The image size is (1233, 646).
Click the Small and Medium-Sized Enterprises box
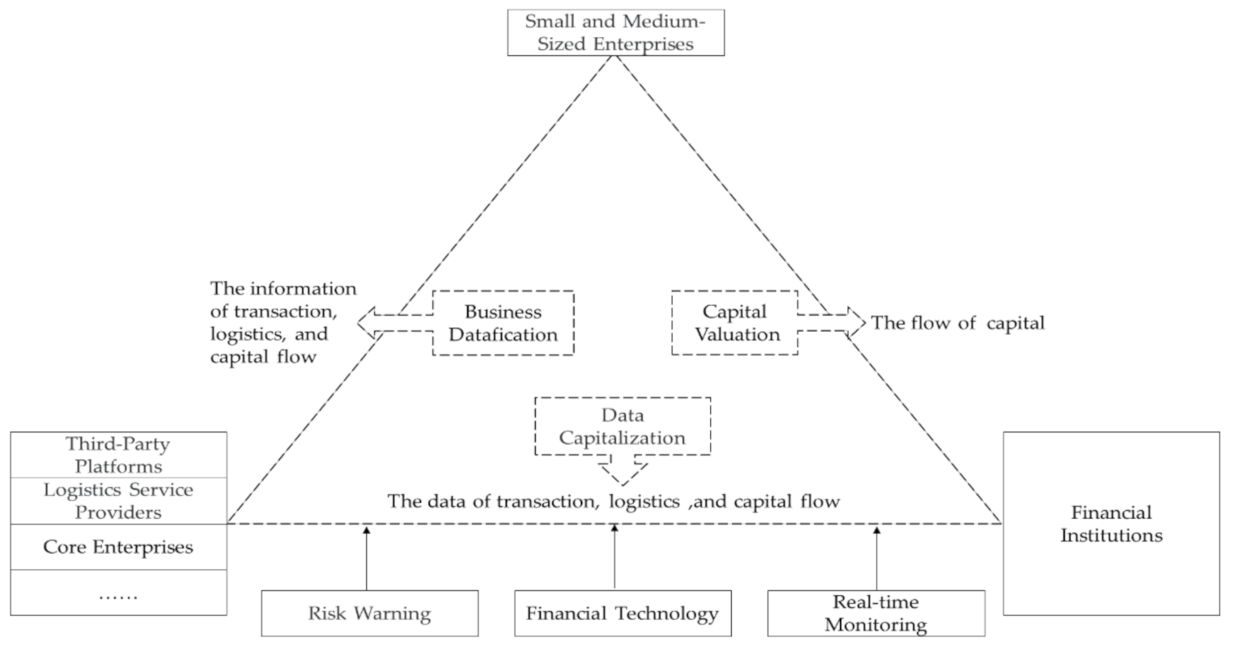[x=615, y=32]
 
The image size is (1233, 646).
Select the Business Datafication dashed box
[x=503, y=323]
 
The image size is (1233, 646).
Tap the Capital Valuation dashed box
[x=734, y=323]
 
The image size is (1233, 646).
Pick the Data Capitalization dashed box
[x=622, y=427]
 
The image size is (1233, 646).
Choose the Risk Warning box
[x=369, y=614]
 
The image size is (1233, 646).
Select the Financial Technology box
[x=622, y=614]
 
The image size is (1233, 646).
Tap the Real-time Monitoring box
[x=876, y=613]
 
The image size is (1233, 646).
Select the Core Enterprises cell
[x=118, y=547]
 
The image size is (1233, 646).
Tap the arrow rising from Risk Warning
[x=367, y=559]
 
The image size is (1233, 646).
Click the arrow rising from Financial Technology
[x=614, y=559]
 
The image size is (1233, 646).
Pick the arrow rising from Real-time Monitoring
[x=877, y=559]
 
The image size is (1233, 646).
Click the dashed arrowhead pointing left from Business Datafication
[x=367, y=323]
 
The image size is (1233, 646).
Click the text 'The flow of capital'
[x=958, y=323]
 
